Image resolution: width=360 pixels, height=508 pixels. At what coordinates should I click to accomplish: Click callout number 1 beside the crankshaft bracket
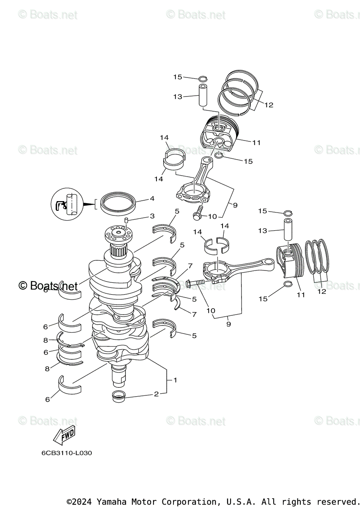pyautogui.click(x=175, y=380)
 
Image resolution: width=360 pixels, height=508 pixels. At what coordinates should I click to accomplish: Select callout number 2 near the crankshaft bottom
pyautogui.click(x=156, y=394)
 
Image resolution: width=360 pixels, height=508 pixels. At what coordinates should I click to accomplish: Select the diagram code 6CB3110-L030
pyautogui.click(x=66, y=453)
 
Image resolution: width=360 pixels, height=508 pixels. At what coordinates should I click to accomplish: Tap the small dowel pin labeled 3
pyautogui.click(x=126, y=220)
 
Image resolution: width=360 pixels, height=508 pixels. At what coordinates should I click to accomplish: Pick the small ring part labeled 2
pyautogui.click(x=119, y=397)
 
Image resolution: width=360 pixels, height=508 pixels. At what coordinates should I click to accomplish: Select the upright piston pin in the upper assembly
pyautogui.click(x=203, y=96)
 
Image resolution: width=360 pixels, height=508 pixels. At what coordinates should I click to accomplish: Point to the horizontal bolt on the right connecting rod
pyautogui.click(x=195, y=282)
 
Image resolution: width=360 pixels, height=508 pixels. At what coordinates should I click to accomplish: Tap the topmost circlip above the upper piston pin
pyautogui.click(x=203, y=78)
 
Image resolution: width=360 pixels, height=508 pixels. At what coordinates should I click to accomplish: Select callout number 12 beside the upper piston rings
pyautogui.click(x=269, y=105)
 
